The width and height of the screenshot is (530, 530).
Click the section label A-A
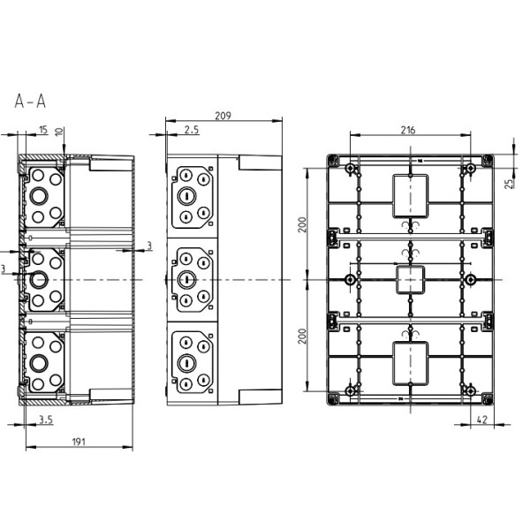coord(30,102)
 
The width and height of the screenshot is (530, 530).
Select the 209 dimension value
coord(224,116)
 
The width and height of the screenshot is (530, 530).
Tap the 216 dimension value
coord(408,130)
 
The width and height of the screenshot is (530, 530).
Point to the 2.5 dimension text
coord(192,131)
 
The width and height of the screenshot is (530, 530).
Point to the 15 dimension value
coord(44,131)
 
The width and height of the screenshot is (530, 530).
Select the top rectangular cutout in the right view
coord(408,195)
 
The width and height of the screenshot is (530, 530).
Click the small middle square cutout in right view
coord(408,279)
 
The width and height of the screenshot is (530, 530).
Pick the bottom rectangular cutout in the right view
coord(408,363)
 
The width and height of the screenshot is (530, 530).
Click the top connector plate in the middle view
coord(193,196)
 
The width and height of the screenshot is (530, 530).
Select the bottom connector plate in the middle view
coord(193,362)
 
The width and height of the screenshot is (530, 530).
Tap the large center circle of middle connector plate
coord(187,280)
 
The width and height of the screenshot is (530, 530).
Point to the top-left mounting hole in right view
coord(351,169)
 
